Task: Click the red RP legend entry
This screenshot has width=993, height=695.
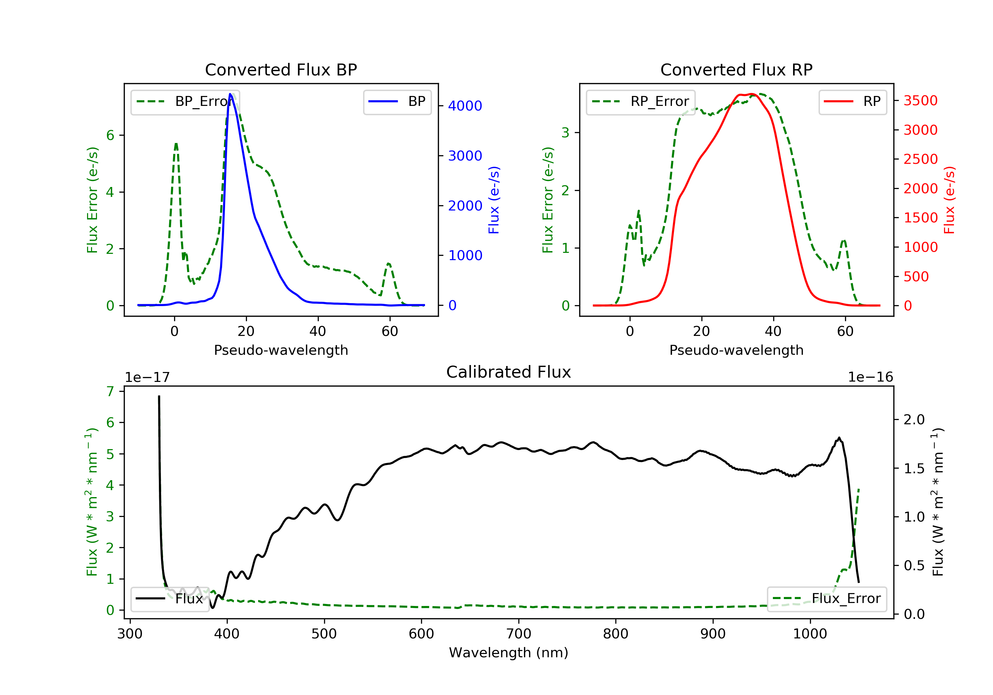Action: click(852, 102)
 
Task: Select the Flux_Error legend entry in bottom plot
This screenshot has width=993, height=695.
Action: click(827, 599)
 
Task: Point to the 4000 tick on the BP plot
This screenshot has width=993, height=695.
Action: click(465, 106)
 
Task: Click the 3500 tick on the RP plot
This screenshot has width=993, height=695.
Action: click(920, 101)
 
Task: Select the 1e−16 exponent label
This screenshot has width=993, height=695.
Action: click(870, 377)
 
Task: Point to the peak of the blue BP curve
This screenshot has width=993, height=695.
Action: click(230, 94)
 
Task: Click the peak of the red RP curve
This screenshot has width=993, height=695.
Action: click(752, 94)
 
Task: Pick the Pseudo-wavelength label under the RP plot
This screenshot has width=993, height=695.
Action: click(736, 350)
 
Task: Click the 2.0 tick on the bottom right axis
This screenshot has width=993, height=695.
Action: click(914, 420)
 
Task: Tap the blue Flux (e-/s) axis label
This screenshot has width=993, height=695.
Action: click(494, 200)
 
